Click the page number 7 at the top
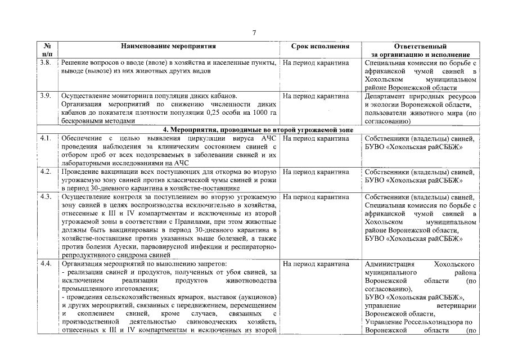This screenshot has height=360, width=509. (254, 33)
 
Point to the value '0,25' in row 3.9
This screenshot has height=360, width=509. (198, 112)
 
